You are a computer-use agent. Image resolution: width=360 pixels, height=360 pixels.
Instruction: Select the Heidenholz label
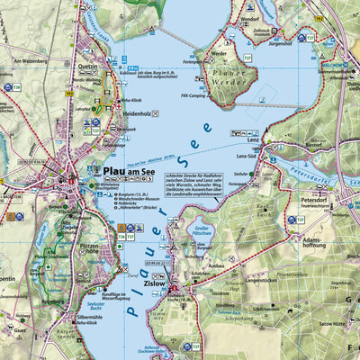(116, 114)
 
